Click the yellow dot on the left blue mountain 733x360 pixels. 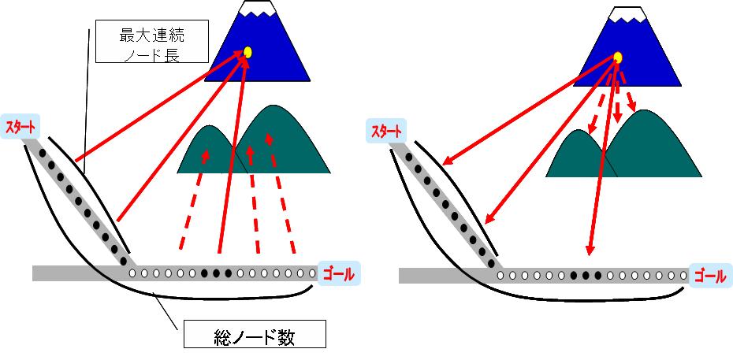tap(247, 52)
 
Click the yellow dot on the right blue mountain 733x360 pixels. tap(618, 58)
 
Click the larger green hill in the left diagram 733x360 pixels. tap(284, 142)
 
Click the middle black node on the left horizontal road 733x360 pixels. tap(217, 273)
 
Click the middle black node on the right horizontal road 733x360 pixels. tap(586, 276)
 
